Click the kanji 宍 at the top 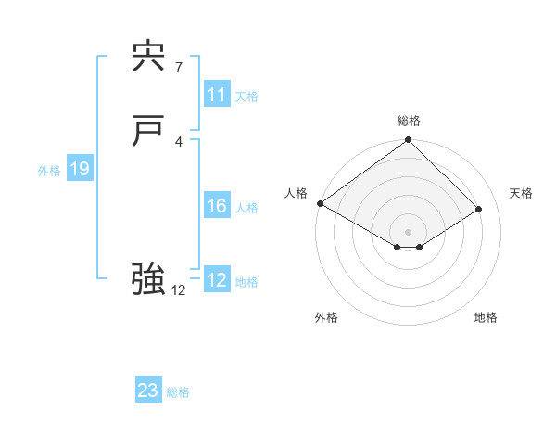click(148, 58)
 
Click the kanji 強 click(148, 279)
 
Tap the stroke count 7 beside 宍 click(179, 67)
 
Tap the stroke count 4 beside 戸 click(179, 141)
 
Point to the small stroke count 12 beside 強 click(179, 290)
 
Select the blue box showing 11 click(217, 95)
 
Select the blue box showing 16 click(217, 206)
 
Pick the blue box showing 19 click(80, 169)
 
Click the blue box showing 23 click(148, 391)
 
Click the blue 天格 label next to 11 click(246, 96)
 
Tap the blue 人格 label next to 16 click(246, 208)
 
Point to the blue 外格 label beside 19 click(49, 171)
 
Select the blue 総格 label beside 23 click(178, 392)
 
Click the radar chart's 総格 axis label click(409, 121)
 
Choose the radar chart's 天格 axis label click(521, 193)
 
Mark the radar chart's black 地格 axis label click(486, 318)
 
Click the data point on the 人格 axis click(320, 203)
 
